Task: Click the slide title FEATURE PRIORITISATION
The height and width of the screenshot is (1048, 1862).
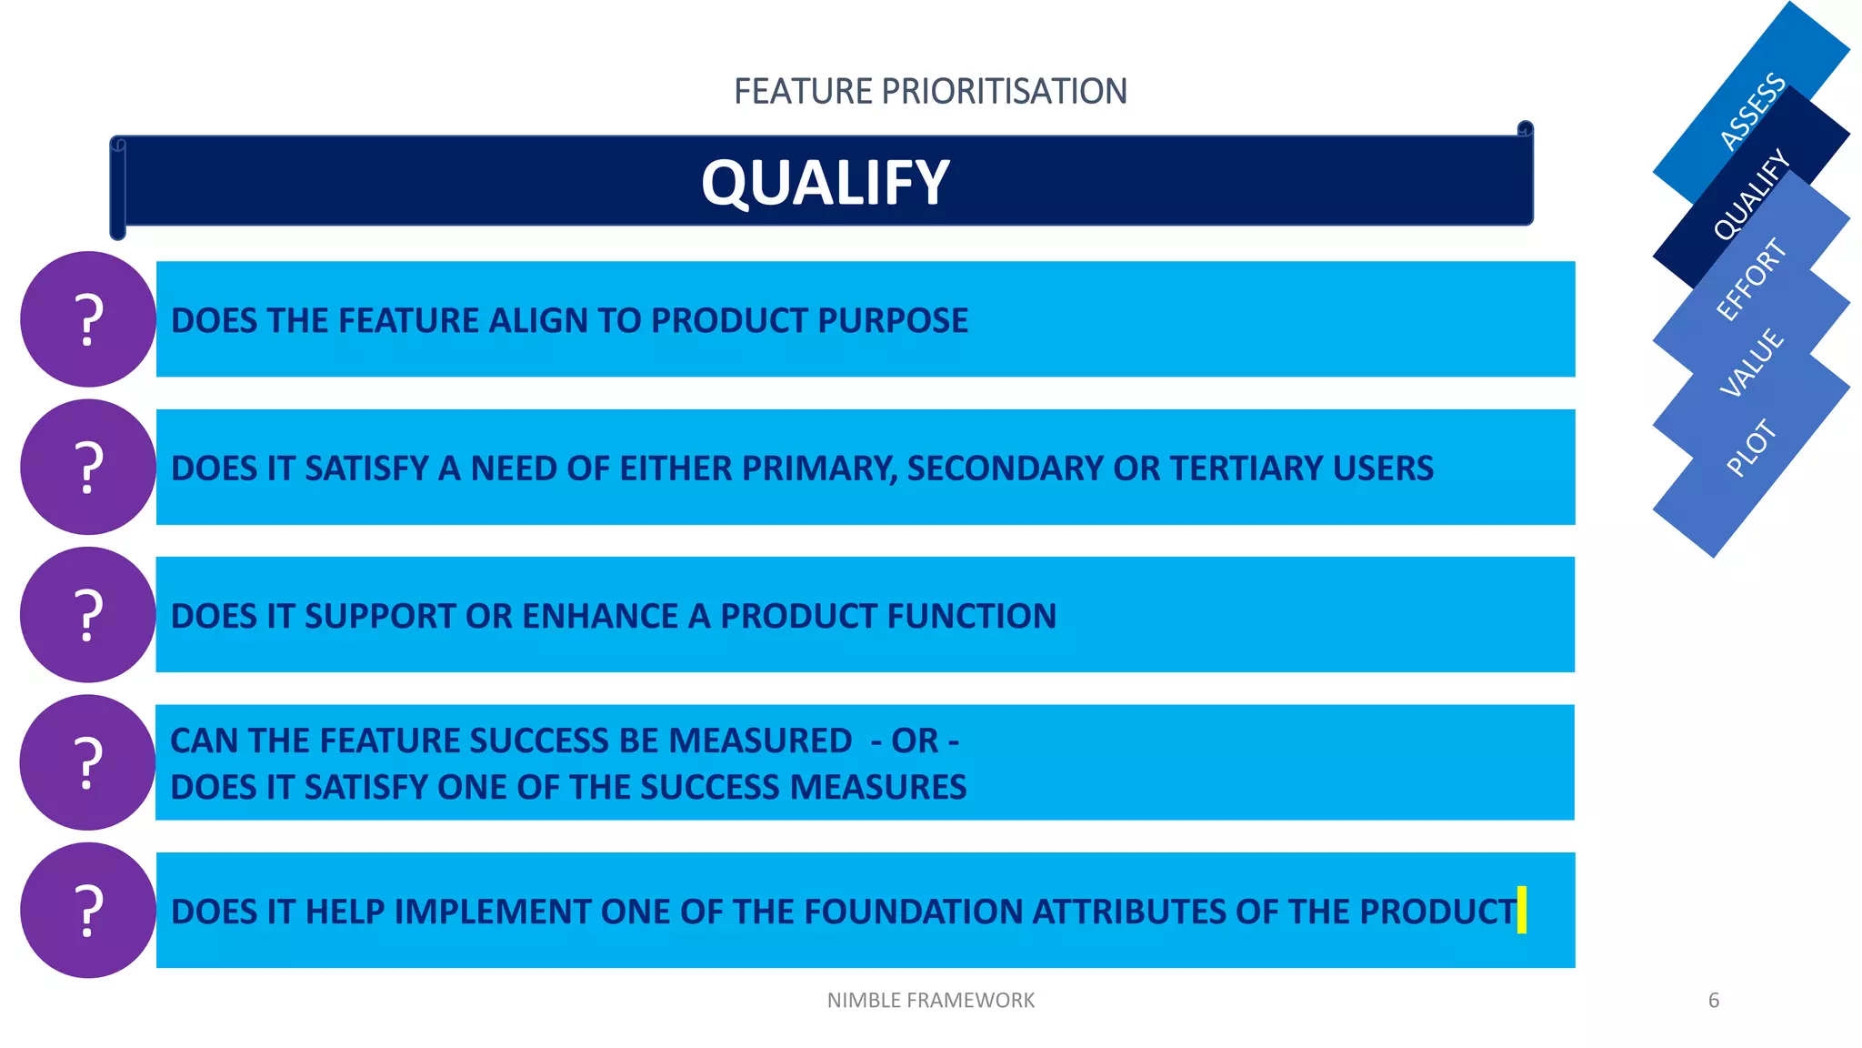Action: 930,92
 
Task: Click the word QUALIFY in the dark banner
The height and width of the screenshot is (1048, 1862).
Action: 825,183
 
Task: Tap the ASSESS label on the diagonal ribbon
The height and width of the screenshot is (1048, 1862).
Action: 1752,111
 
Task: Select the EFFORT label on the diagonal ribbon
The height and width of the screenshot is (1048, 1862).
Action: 1750,279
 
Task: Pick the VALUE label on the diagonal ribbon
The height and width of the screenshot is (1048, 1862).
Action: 1752,363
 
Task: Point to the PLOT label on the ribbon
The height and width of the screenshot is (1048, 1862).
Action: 1750,448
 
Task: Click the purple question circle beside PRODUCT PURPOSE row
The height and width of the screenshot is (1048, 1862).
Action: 88,319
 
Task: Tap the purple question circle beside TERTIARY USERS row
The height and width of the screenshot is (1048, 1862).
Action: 88,467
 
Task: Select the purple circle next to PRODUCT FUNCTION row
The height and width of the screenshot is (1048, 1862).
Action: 88,615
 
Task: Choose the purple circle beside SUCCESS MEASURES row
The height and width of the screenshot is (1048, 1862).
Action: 88,762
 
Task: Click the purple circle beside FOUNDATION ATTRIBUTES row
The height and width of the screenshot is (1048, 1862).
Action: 88,910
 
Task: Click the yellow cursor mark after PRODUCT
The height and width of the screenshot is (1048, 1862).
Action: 1522,910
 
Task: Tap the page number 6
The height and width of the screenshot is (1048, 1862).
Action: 1713,1001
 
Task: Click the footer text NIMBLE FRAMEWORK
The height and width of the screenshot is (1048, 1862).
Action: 930,1001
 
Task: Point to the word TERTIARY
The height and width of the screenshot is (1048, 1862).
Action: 1246,469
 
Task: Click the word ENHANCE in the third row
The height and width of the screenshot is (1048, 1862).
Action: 599,616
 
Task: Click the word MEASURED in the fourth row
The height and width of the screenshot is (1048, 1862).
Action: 760,741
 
